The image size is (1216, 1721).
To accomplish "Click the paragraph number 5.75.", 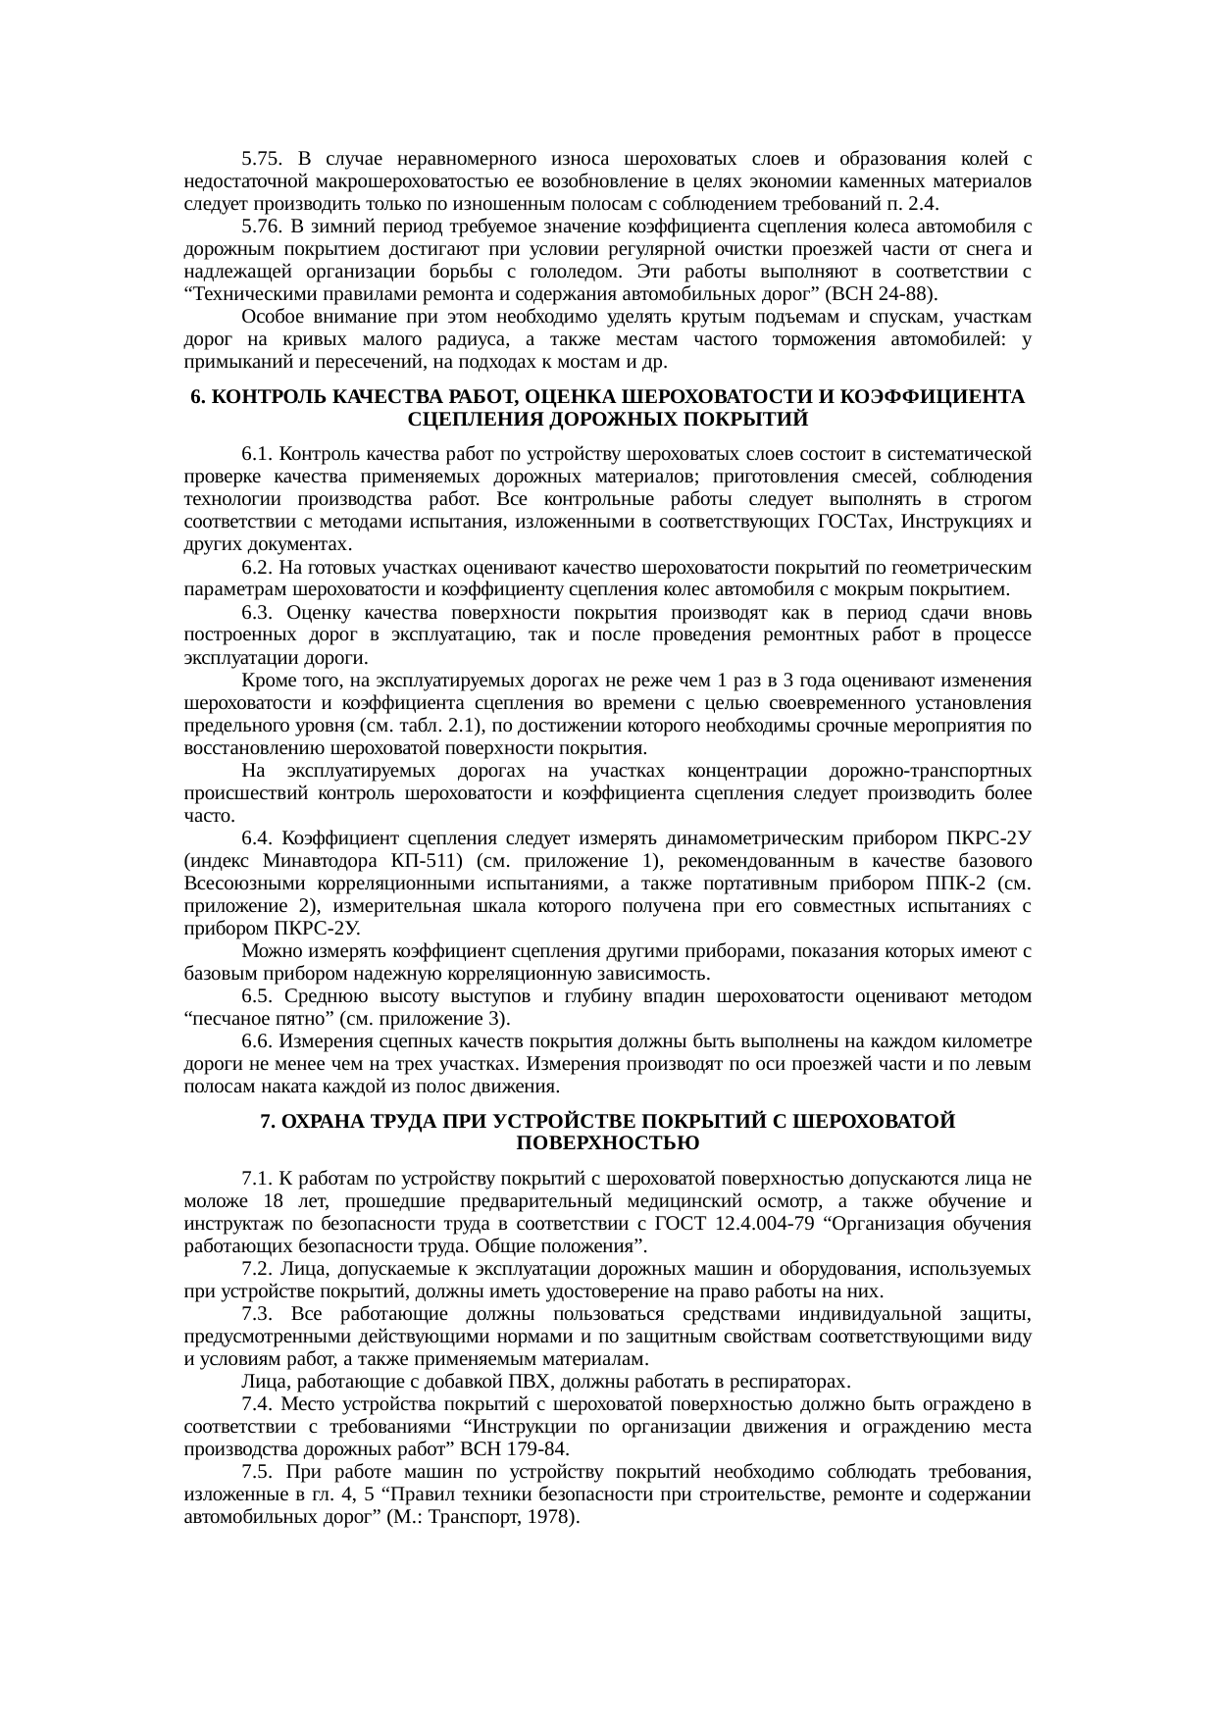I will tap(262, 159).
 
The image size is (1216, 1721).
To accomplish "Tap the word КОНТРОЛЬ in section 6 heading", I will tap(267, 397).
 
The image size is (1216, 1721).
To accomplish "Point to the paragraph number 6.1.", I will tap(256, 454).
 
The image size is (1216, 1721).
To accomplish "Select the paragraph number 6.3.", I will tap(256, 613).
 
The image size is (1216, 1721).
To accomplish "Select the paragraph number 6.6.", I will tap(256, 1041).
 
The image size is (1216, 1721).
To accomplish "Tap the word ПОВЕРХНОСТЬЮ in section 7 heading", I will tap(607, 1143).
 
